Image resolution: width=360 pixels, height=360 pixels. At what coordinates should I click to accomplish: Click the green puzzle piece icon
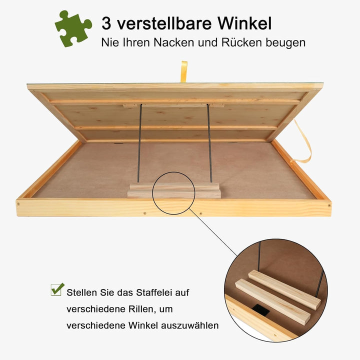[x=73, y=28]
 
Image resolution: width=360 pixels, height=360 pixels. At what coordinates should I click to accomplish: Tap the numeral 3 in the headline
[x=106, y=23]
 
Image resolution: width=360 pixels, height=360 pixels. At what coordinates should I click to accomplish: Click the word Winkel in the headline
[x=244, y=23]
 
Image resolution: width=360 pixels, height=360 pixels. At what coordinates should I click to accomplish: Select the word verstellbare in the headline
[x=164, y=23]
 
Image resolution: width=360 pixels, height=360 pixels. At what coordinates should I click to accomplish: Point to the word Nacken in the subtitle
[x=174, y=42]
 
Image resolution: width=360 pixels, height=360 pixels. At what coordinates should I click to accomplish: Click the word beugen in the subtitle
[x=285, y=43]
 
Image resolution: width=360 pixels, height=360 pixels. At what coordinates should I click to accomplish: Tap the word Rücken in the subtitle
[x=241, y=42]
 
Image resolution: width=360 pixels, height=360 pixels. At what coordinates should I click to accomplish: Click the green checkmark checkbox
[x=57, y=289]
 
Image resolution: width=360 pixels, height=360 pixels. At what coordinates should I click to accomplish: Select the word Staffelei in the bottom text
[x=153, y=292]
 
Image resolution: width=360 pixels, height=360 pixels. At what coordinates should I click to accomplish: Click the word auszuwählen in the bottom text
[x=190, y=325]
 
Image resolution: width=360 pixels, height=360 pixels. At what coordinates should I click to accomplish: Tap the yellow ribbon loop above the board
[x=184, y=71]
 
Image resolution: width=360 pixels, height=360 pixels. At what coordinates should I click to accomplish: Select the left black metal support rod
[x=139, y=143]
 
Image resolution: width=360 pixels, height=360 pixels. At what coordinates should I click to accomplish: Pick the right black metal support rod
[x=209, y=143]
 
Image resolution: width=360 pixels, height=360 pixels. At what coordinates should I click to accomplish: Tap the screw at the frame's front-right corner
[x=329, y=205]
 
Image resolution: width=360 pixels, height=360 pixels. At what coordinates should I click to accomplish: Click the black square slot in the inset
[x=261, y=309]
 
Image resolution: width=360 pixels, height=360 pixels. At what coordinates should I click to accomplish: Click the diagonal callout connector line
[x=213, y=232]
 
